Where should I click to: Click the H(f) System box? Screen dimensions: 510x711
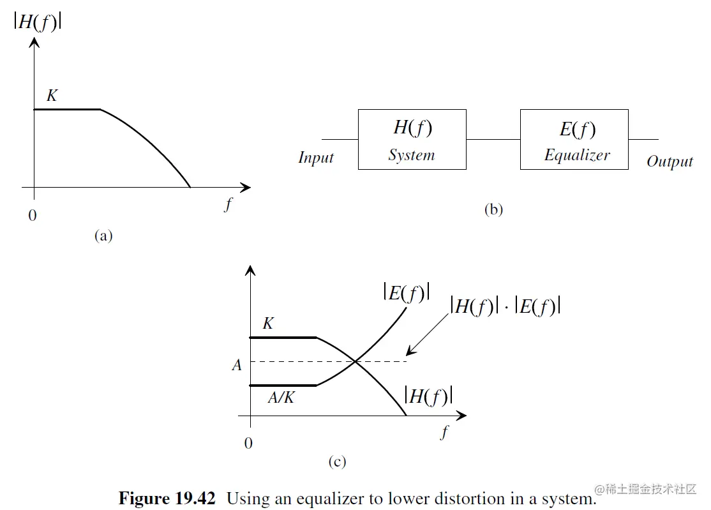(412, 139)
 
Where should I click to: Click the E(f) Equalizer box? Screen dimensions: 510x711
(574, 139)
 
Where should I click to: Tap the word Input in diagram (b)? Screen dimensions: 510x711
(316, 158)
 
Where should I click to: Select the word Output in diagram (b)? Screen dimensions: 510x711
(670, 161)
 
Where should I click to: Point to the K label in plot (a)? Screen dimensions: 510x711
(52, 96)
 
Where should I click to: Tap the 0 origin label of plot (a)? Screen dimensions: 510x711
(33, 216)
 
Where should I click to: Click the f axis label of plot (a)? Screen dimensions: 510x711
(228, 205)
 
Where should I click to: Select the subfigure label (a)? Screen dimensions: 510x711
(103, 236)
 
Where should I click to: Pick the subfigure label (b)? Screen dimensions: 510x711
(493, 209)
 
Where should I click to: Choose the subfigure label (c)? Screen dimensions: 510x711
(337, 461)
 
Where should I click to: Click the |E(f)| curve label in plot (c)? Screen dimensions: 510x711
(407, 292)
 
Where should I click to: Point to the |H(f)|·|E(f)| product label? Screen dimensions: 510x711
(505, 306)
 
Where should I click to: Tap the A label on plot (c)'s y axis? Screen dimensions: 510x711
(237, 366)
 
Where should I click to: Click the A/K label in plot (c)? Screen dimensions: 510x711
(281, 398)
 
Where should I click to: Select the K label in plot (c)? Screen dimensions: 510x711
(268, 324)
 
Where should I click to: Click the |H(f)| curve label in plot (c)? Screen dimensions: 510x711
(429, 396)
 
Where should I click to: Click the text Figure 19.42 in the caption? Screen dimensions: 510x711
(167, 498)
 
